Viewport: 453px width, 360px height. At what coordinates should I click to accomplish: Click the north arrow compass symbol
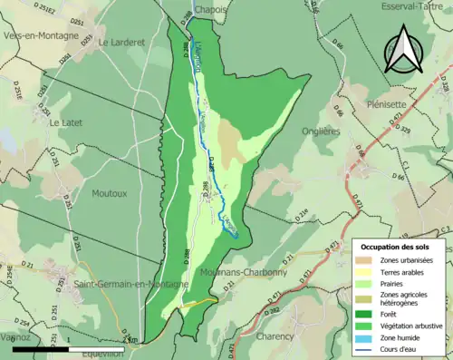tap(402, 49)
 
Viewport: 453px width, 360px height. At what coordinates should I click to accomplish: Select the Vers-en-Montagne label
tap(40, 38)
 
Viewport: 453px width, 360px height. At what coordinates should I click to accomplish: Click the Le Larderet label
tap(123, 42)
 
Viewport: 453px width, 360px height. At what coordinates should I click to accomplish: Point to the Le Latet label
tap(66, 122)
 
